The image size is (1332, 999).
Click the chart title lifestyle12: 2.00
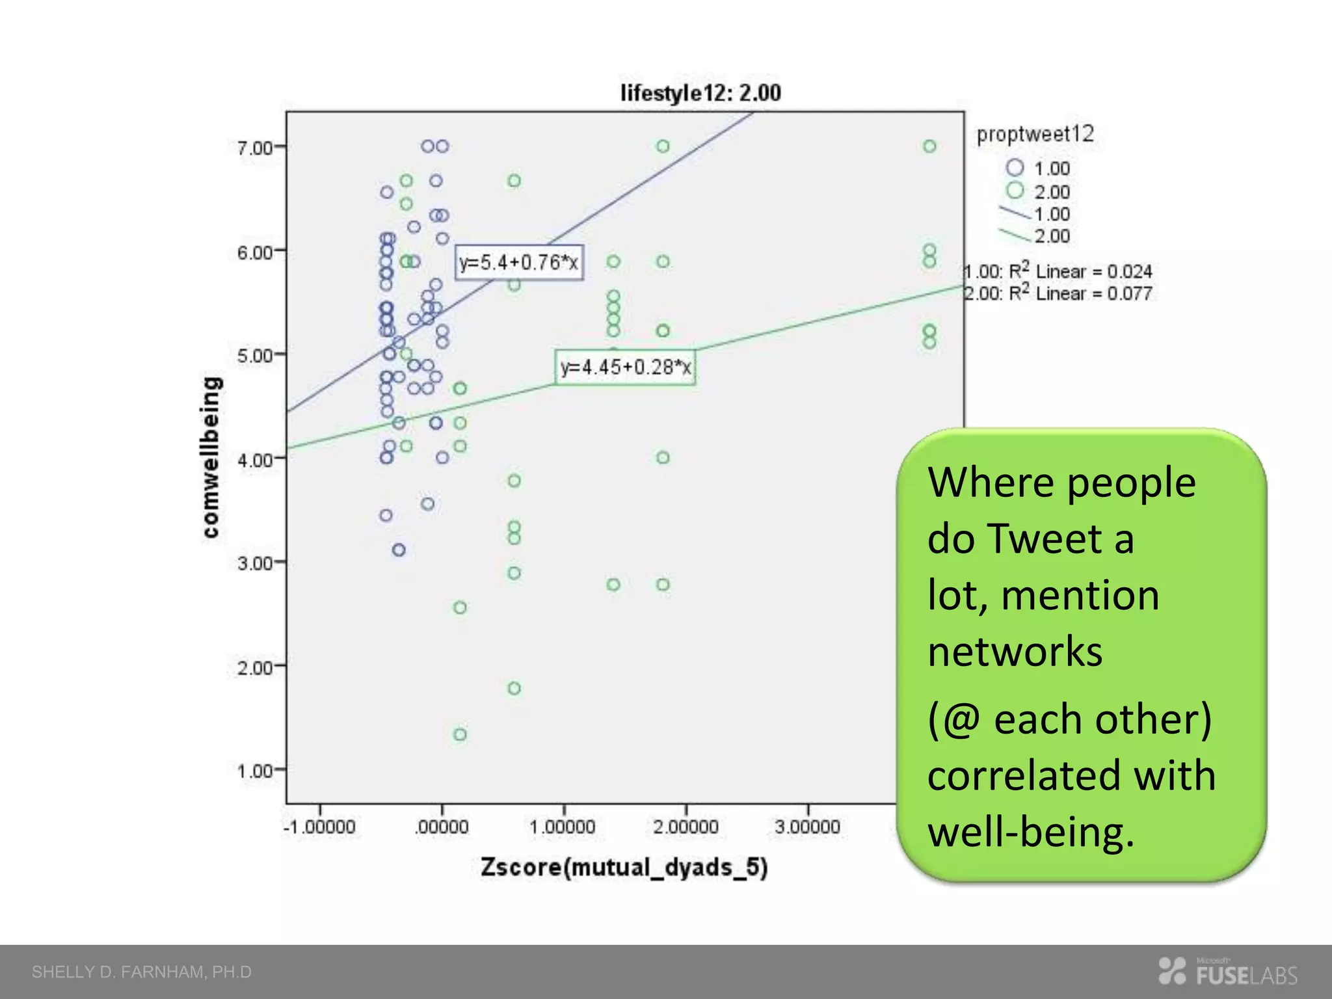(x=700, y=93)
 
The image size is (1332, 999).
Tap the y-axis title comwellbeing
(x=211, y=457)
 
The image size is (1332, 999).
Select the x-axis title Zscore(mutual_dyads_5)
(x=624, y=868)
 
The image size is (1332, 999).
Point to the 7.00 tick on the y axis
(x=254, y=148)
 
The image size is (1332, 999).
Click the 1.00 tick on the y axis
(x=254, y=771)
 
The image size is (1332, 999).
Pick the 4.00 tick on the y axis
(x=254, y=460)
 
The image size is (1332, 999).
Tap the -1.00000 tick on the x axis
(x=319, y=827)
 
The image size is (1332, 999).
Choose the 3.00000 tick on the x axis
(x=808, y=827)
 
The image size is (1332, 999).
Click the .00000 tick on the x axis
(x=442, y=827)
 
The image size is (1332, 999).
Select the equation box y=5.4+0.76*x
(x=519, y=263)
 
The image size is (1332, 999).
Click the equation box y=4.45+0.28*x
(x=625, y=367)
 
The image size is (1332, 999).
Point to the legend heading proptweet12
(x=1035, y=135)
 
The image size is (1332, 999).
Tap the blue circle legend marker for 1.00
(x=1015, y=168)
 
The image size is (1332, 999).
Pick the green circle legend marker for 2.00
(x=1015, y=191)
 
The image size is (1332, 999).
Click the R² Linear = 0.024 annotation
(x=1058, y=271)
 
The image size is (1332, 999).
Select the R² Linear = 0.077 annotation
(x=1058, y=293)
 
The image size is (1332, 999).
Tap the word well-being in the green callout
(x=1030, y=832)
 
